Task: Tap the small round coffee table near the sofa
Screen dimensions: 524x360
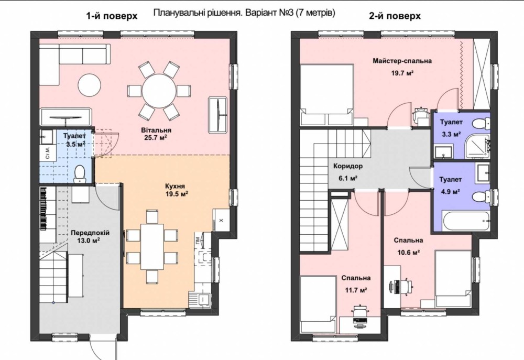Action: click(90, 84)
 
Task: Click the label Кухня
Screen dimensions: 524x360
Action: click(175, 186)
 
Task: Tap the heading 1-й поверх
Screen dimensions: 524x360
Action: click(112, 16)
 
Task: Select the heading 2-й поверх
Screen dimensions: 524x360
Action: click(395, 16)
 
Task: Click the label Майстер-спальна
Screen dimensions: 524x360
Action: click(402, 61)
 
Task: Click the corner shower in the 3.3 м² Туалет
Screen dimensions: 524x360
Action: click(478, 146)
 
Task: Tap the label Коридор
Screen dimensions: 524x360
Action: click(348, 166)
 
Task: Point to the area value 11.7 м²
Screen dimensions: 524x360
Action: click(356, 290)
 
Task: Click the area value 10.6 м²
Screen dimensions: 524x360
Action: click(408, 252)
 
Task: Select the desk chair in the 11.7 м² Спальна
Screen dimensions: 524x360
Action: click(360, 311)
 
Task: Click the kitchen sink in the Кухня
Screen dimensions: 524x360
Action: click(204, 298)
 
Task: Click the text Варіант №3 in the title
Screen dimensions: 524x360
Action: click(269, 13)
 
